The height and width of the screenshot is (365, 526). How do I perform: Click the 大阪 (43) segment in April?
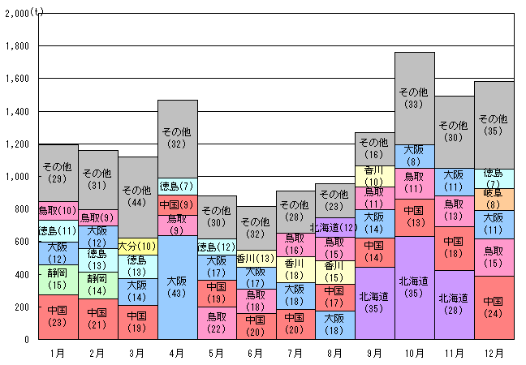tap(178, 287)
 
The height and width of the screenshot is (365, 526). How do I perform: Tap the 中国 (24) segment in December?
tap(494, 307)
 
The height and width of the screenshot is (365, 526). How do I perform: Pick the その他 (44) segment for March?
tap(138, 196)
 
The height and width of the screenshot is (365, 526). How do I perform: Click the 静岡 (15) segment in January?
tap(58, 279)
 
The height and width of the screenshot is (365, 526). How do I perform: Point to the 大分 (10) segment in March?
tap(138, 246)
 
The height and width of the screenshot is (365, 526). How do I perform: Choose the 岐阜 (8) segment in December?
tap(494, 200)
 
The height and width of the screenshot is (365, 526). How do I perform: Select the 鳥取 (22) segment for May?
tap(217, 322)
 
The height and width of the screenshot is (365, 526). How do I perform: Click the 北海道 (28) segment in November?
tap(454, 304)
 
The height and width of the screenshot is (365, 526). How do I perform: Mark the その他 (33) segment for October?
tap(415, 98)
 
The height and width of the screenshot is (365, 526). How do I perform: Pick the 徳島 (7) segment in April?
tap(178, 187)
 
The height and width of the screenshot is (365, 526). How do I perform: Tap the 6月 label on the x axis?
tap(257, 354)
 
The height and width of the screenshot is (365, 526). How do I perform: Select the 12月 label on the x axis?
tap(494, 354)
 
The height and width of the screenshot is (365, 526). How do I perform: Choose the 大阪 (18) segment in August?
tap(335, 324)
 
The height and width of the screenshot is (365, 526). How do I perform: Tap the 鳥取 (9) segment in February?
tap(98, 218)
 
